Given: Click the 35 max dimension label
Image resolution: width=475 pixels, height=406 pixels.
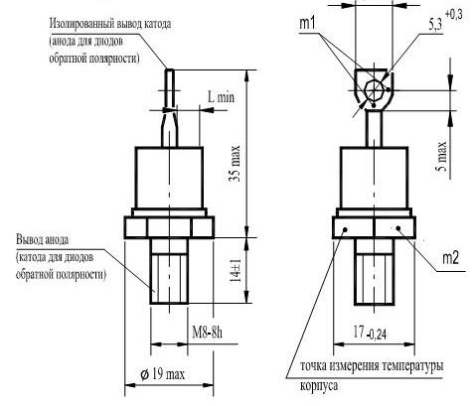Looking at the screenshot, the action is tap(236, 164).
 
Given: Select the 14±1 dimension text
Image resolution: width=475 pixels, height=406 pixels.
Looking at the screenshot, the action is tap(237, 271).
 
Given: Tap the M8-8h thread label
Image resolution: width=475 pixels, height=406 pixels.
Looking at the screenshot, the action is tap(208, 333).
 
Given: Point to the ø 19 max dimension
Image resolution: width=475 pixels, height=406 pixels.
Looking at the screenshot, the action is tap(162, 374).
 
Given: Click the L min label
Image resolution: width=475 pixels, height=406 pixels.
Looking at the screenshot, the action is tap(221, 97).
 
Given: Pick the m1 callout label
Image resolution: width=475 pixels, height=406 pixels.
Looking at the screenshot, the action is tap(308, 23).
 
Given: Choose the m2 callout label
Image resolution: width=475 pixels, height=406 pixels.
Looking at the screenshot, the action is tap(451, 258).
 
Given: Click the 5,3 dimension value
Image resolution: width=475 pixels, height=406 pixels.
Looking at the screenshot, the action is tap(435, 25).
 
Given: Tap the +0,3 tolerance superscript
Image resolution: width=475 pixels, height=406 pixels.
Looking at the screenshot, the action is tap(453, 15).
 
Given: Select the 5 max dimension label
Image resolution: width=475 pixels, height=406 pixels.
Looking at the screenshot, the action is tap(441, 156).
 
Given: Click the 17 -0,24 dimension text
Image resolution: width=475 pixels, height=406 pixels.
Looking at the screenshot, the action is tap(370, 333).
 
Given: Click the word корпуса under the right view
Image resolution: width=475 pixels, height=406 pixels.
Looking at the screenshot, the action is tap(319, 385).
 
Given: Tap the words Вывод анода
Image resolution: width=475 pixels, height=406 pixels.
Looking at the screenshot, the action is tap(43, 239).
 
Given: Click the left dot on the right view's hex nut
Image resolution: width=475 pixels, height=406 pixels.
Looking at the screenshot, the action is tap(345, 228).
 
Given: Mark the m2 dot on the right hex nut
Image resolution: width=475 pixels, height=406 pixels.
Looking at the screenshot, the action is tap(398, 227).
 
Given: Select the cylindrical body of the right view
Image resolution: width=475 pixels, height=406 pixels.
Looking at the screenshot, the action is tap(374, 178).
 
